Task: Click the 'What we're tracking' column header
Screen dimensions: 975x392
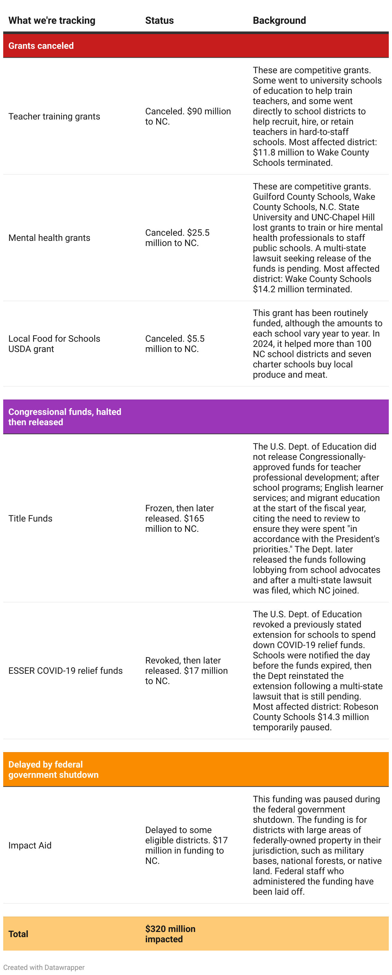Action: [52, 21]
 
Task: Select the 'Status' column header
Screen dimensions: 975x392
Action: [159, 21]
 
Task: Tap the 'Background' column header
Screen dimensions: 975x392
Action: [279, 21]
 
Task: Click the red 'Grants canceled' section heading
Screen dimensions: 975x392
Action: [41, 46]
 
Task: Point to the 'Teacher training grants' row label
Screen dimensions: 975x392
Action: [54, 117]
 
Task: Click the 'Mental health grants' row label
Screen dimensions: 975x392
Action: [49, 238]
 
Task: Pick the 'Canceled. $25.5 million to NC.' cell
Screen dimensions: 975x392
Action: [177, 238]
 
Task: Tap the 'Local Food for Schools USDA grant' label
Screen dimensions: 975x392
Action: [54, 344]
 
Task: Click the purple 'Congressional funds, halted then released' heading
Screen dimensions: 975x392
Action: [65, 417]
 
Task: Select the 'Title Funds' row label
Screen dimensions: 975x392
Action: [30, 519]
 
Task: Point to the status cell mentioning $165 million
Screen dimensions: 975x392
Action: [179, 519]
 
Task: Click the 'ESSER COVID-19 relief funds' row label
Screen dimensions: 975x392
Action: [66, 671]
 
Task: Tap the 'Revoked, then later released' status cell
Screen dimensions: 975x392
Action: [186, 671]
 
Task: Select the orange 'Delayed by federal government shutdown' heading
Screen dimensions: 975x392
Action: [53, 769]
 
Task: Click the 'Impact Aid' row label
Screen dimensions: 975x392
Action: [30, 846]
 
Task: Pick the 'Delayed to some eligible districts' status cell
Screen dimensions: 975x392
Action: [186, 846]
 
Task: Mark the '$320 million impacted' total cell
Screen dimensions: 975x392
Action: [170, 934]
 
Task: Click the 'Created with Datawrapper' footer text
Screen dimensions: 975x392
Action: [44, 967]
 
